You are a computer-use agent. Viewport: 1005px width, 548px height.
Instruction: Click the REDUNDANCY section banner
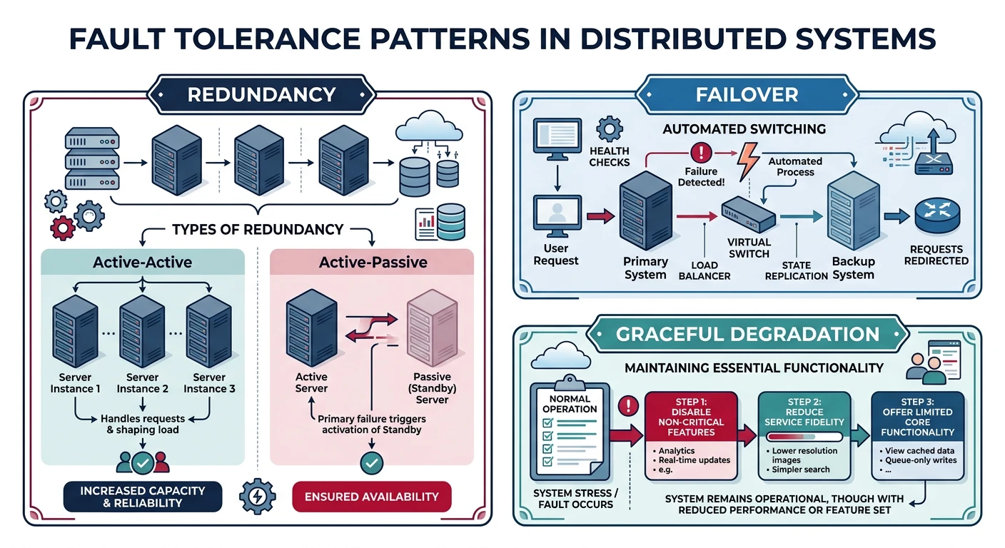coord(261,94)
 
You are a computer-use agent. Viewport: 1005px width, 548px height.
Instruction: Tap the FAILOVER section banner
coord(747,94)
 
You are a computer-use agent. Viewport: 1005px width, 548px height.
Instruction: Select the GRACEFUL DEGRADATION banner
coord(747,334)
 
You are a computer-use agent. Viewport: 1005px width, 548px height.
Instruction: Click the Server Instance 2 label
coord(142,383)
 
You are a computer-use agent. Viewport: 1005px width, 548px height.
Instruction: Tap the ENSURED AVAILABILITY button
coord(372,497)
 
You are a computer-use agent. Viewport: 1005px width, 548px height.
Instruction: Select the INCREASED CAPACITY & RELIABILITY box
coord(142,497)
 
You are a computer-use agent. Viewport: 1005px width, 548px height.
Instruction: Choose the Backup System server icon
coord(852,213)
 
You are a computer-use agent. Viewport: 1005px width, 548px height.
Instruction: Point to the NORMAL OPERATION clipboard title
coord(570,404)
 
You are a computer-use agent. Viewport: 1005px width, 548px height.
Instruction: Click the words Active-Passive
coord(373,262)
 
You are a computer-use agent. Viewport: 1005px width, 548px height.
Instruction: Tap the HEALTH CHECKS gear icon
coord(609,130)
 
